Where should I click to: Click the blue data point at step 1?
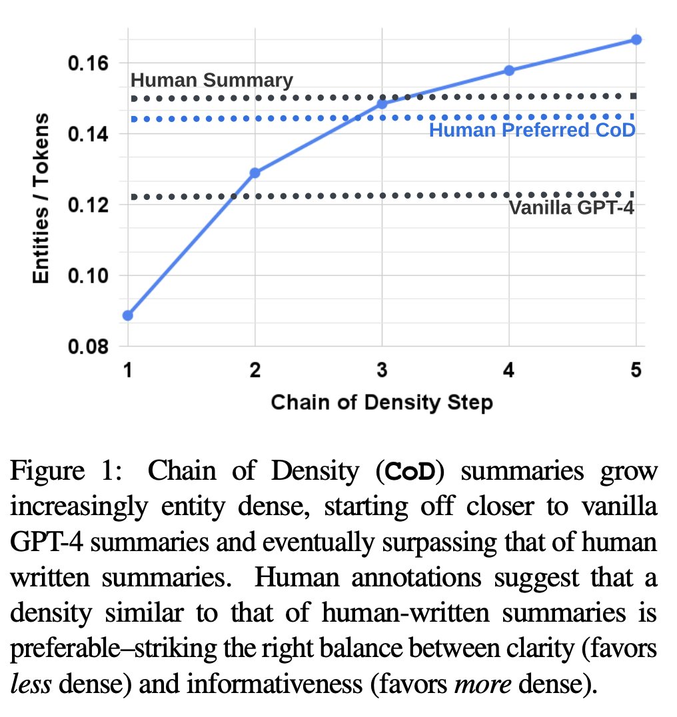[128, 315]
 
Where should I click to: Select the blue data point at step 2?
[255, 173]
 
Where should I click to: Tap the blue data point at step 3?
[382, 104]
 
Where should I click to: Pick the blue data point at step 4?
[509, 70]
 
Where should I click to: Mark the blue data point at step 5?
[636, 40]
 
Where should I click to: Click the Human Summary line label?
[211, 81]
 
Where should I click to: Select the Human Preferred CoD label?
[532, 130]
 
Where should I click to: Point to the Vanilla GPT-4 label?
[571, 207]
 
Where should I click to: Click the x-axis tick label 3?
[382, 372]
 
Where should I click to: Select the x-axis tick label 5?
[636, 372]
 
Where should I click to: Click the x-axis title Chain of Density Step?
[382, 402]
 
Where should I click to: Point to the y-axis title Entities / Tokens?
[41, 199]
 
